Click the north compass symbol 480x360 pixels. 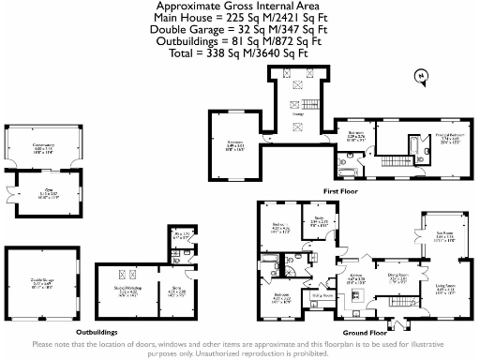pyautogui.click(x=419, y=75)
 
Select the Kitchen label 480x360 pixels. pyautogui.click(x=356, y=277)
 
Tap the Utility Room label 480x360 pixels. pyautogui.click(x=323, y=295)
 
